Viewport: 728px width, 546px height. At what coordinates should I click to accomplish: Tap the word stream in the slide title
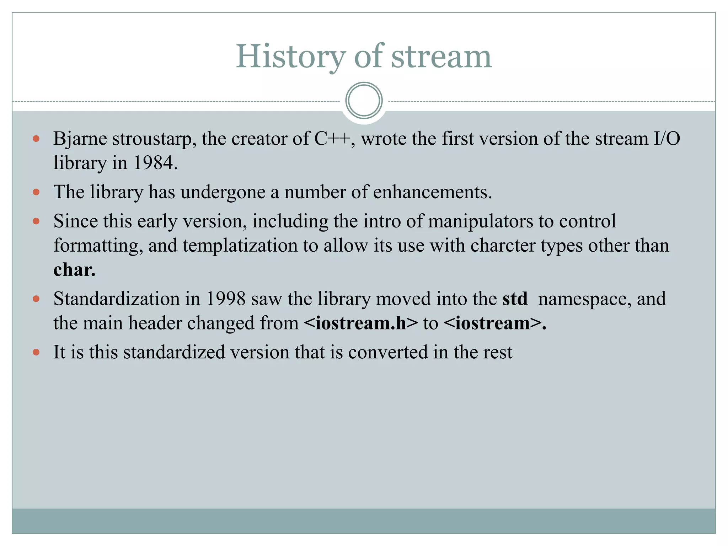(441, 57)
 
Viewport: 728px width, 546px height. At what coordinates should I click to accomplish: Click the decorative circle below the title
(364, 101)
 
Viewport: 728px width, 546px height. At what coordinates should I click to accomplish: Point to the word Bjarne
(80, 139)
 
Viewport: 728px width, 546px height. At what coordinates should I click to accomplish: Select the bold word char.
(74, 270)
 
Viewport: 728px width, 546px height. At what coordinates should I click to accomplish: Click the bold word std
(515, 299)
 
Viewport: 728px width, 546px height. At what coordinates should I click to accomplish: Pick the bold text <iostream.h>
(361, 323)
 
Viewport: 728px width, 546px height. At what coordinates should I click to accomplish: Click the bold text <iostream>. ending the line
(495, 323)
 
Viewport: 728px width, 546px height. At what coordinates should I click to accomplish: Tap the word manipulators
(480, 221)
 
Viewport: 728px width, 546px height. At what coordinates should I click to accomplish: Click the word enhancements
(432, 192)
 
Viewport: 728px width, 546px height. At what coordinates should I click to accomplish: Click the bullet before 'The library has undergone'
(36, 192)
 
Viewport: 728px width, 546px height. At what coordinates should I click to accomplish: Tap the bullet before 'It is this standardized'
(36, 352)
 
